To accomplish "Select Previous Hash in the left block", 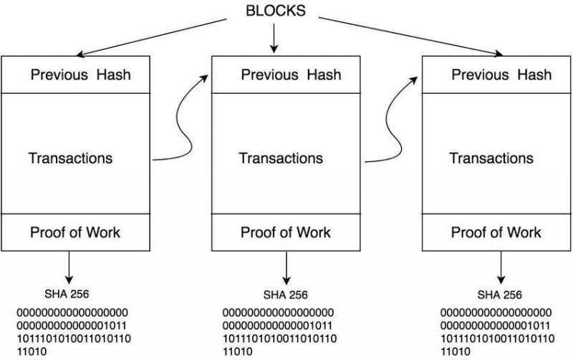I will pyautogui.click(x=80, y=75).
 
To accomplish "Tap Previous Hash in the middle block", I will pyautogui.click(x=291, y=75).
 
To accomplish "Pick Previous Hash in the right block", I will pyautogui.click(x=501, y=75).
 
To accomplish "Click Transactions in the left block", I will pyautogui.click(x=70, y=157).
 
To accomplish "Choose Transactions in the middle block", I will pyautogui.click(x=281, y=158).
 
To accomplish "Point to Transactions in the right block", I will pyautogui.click(x=491, y=158).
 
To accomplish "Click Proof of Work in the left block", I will pyautogui.click(x=75, y=232).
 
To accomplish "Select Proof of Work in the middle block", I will pyautogui.click(x=286, y=233).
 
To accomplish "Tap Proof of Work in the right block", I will pyautogui.click(x=496, y=233).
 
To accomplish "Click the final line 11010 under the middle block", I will pyautogui.click(x=239, y=351).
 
